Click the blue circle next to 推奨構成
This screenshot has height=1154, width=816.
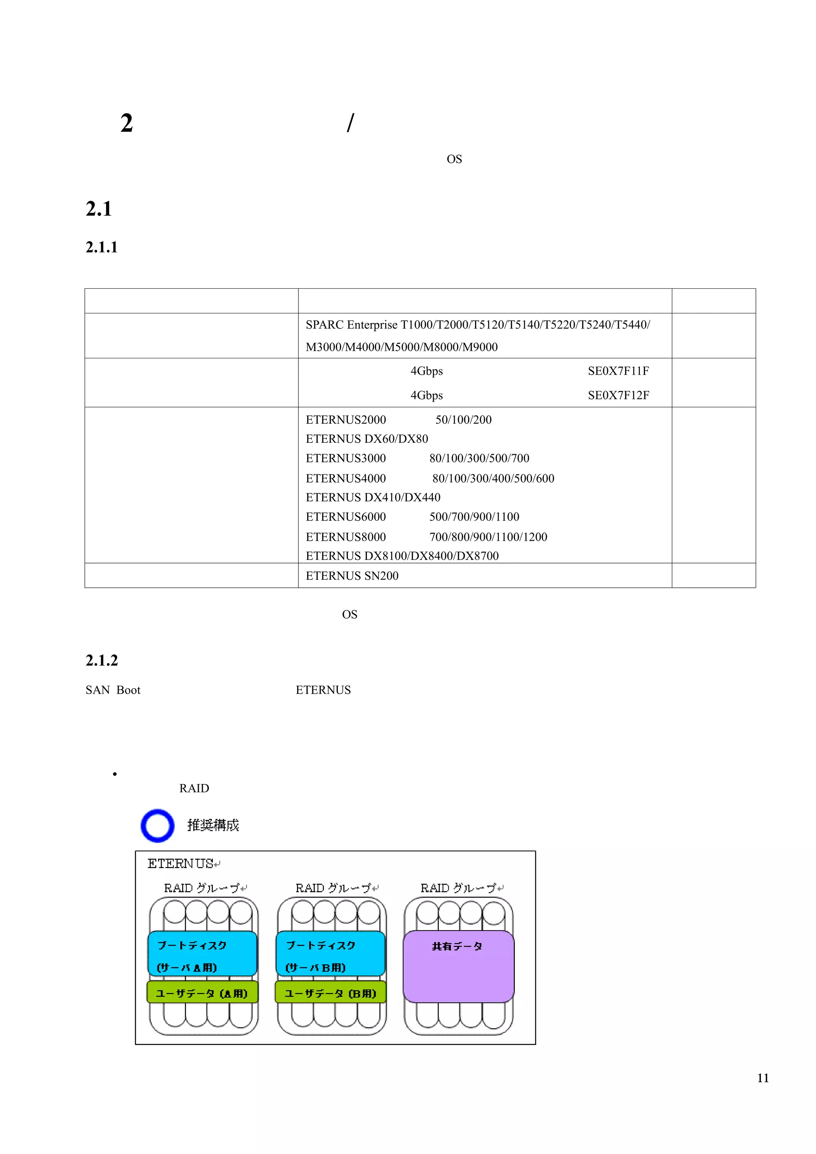(157, 825)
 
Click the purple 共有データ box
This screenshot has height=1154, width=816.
(458, 966)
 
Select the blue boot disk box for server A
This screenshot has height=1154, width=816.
(202, 953)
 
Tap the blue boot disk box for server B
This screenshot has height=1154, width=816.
(330, 953)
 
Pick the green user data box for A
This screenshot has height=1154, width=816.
(202, 993)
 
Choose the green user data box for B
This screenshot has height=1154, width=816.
(330, 993)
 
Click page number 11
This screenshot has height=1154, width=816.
(762, 1078)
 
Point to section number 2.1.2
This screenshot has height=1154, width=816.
(102, 661)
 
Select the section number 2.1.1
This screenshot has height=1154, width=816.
(102, 247)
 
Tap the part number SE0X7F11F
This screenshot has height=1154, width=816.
(618, 371)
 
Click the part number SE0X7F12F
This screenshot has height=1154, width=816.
(618, 395)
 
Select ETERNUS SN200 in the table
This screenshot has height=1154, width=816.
(352, 576)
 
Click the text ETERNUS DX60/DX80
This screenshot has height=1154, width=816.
(367, 439)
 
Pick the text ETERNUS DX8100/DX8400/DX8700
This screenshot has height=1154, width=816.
(402, 556)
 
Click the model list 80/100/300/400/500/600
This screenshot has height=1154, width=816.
(493, 479)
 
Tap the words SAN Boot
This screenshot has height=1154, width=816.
(113, 690)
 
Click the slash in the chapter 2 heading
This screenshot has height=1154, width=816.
(351, 123)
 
